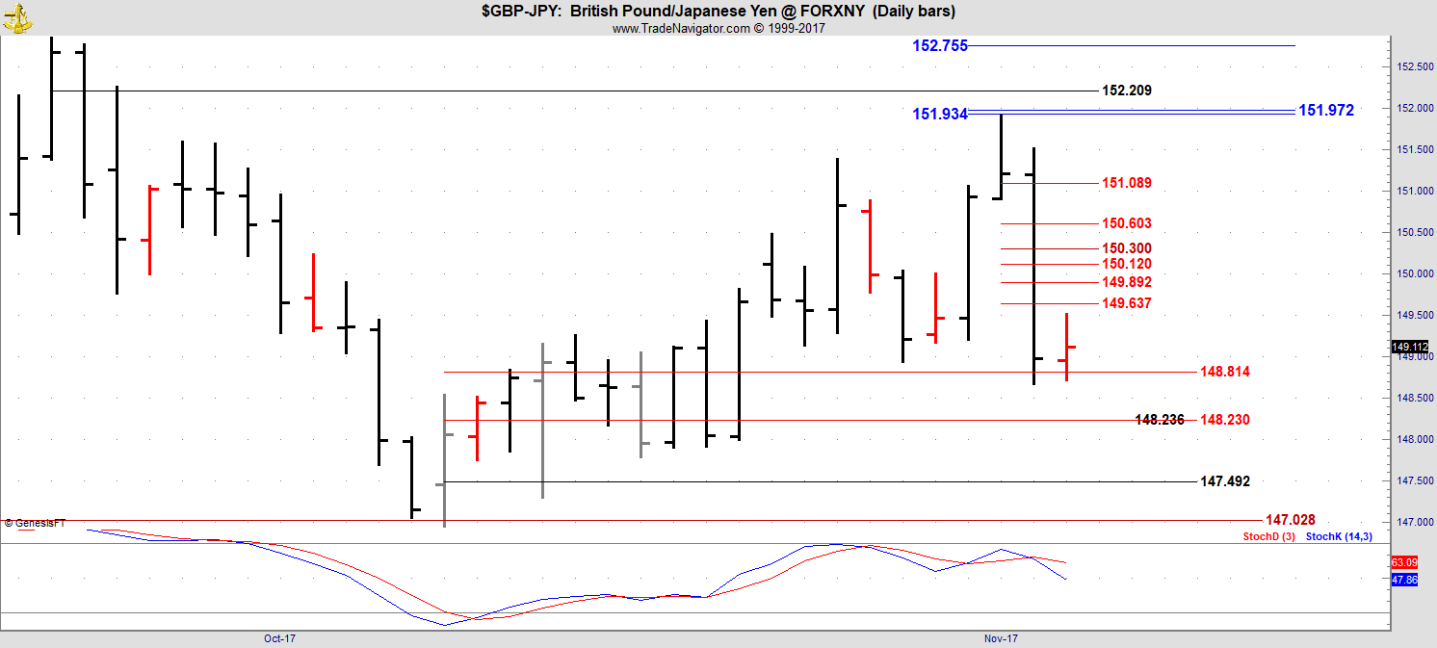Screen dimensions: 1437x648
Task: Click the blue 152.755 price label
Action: click(x=940, y=45)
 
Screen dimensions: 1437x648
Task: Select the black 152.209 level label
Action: click(x=1127, y=91)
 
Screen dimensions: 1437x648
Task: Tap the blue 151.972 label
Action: click(x=1326, y=111)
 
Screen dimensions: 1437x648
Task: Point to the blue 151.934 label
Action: click(x=940, y=115)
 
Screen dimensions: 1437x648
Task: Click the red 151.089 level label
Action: click(x=1127, y=183)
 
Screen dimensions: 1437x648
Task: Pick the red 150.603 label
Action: click(x=1127, y=223)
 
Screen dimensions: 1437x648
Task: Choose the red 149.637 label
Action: click(x=1127, y=303)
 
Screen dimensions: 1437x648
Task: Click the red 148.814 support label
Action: click(x=1225, y=372)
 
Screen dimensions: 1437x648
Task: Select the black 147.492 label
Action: click(x=1225, y=481)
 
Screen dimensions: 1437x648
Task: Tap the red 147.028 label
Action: click(x=1290, y=520)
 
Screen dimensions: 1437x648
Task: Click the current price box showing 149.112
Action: click(x=1410, y=347)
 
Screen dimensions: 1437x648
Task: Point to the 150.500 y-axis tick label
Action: click(x=1415, y=232)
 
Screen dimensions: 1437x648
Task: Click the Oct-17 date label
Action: click(x=279, y=638)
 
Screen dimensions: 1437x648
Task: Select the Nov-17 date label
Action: click(x=1001, y=638)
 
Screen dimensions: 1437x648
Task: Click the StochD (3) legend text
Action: click(x=1268, y=536)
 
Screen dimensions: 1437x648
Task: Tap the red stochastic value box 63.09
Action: click(x=1404, y=562)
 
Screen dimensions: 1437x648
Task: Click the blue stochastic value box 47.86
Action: click(x=1404, y=580)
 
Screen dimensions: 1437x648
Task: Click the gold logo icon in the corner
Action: click(x=17, y=18)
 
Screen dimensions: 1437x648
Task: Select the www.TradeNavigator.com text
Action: click(x=681, y=29)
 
